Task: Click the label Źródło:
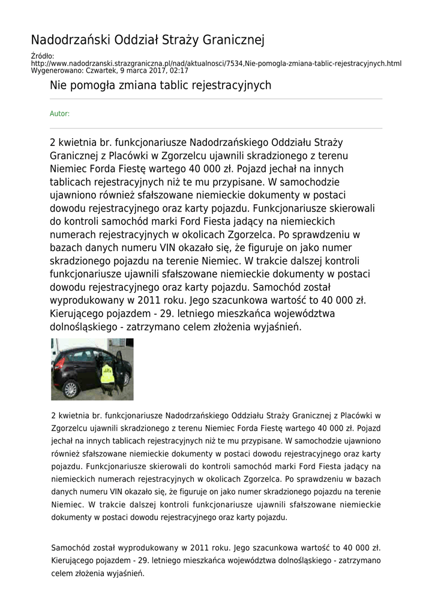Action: [x=42, y=56]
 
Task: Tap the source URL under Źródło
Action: [x=216, y=63]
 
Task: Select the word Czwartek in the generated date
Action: [x=101, y=70]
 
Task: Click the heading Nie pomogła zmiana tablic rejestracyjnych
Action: [x=160, y=85]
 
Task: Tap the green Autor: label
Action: [x=59, y=114]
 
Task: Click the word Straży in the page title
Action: [x=179, y=40]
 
